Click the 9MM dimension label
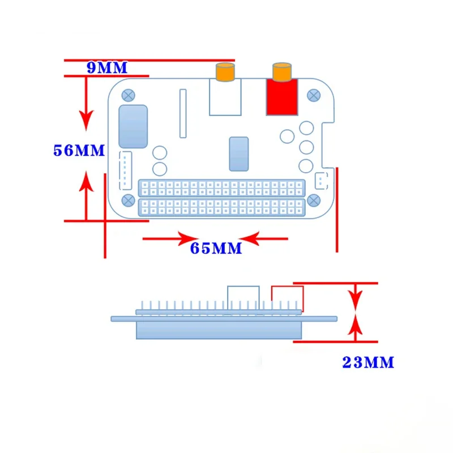click(107, 68)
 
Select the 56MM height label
click(79, 151)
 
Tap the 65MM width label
click(216, 248)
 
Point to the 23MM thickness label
click(368, 362)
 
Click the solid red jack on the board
click(282, 97)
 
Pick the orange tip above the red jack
click(281, 72)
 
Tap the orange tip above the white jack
click(224, 72)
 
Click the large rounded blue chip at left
click(133, 126)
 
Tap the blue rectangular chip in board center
click(238, 153)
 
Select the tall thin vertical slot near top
click(183, 113)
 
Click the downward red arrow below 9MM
click(86, 119)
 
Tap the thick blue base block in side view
click(218, 331)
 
